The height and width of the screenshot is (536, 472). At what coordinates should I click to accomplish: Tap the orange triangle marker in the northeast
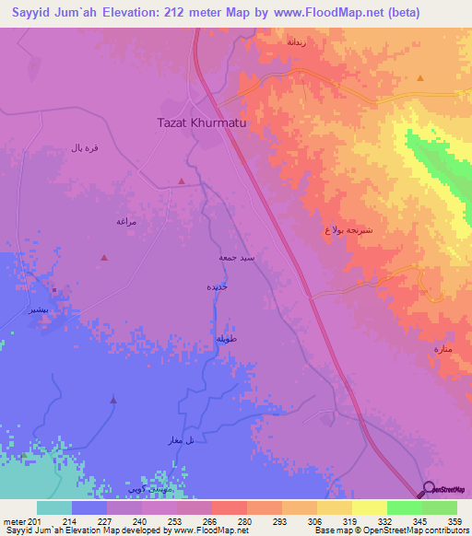[x=419, y=79]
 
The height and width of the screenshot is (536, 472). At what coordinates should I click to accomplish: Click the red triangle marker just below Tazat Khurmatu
[x=182, y=181]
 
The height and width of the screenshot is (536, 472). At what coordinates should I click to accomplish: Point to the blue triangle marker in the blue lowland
[x=113, y=399]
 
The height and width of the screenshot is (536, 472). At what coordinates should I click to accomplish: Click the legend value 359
[x=454, y=521]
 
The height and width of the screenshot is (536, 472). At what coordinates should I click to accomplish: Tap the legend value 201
[x=36, y=521]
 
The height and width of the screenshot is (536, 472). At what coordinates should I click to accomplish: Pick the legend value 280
[x=244, y=521]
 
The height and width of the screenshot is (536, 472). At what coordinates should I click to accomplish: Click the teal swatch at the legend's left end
[x=53, y=507]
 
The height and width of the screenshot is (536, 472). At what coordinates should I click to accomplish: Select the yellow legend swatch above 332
[x=369, y=507]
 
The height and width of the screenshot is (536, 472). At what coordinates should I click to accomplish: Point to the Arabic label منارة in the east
[x=443, y=349]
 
